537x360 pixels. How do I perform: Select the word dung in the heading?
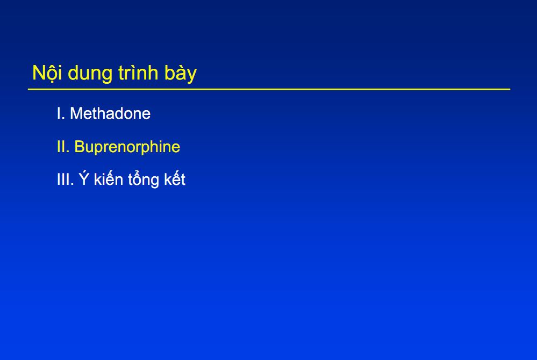point(90,74)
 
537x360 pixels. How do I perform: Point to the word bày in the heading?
point(181,74)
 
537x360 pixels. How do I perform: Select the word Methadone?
point(110,113)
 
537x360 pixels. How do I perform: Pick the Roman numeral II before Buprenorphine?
point(63,147)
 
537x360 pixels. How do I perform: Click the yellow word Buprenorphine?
point(127,147)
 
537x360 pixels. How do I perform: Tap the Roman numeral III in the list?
point(65,179)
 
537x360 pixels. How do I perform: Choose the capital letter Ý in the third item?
point(84,178)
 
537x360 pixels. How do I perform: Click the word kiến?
point(108,178)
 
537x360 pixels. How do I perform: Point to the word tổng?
point(143,179)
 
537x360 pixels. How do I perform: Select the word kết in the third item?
point(175,178)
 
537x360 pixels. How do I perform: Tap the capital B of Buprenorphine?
point(79,147)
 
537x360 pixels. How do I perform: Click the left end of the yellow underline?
point(28,89)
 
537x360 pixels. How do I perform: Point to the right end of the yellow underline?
point(510,89)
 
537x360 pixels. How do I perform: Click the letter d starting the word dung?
point(73,73)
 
